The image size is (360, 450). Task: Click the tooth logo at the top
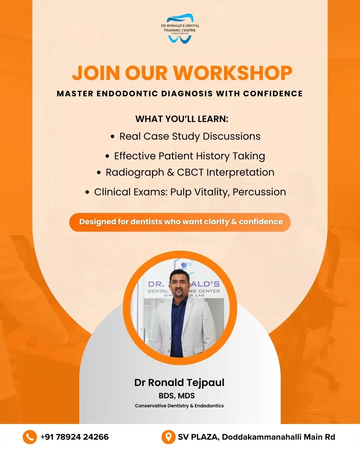pyautogui.click(x=180, y=28)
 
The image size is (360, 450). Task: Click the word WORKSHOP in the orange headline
pyautogui.click(x=233, y=73)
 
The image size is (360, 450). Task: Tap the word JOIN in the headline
pyautogui.click(x=96, y=73)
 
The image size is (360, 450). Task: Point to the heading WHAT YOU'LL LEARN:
pyautogui.click(x=182, y=119)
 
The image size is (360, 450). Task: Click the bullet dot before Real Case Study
pyautogui.click(x=113, y=137)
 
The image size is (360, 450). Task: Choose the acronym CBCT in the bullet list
pyautogui.click(x=190, y=172)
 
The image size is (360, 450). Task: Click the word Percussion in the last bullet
pyautogui.click(x=259, y=192)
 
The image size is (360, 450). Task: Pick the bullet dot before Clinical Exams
pyautogui.click(x=87, y=192)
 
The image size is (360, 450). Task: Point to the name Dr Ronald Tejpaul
pyautogui.click(x=179, y=382)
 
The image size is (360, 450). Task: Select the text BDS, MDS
pyautogui.click(x=177, y=396)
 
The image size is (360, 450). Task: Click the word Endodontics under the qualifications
pyautogui.click(x=209, y=406)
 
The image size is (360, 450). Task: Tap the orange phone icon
pyautogui.click(x=30, y=437)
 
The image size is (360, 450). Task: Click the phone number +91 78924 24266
pyautogui.click(x=74, y=437)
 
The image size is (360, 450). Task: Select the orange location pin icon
pyautogui.click(x=168, y=437)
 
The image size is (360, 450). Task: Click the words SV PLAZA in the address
pyautogui.click(x=198, y=437)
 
